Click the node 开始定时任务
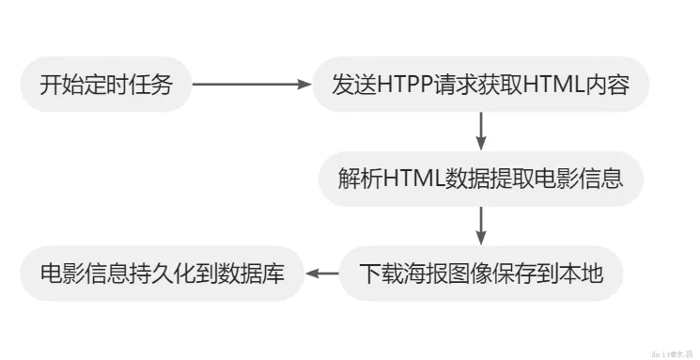106,86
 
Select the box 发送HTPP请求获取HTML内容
479,86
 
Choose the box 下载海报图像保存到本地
480,274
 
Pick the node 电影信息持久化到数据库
162,274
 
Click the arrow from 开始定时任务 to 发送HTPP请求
252,86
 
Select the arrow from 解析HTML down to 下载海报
481,227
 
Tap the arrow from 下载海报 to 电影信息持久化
323,274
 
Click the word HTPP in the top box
401,86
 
